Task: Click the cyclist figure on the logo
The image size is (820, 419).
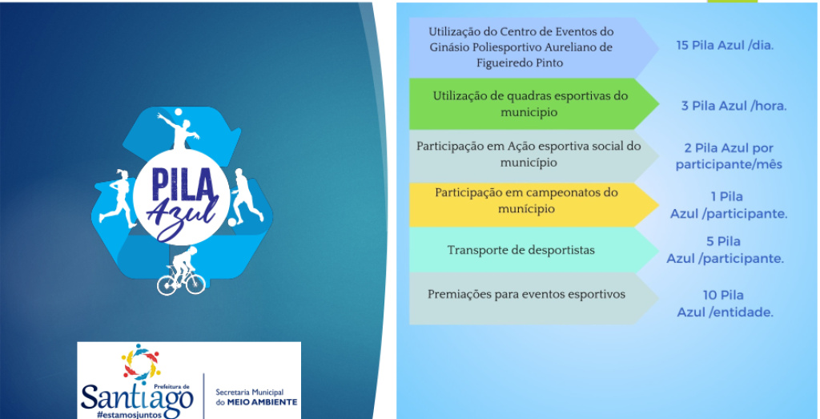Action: [x=182, y=271]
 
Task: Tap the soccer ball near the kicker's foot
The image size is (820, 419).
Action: [x=232, y=222]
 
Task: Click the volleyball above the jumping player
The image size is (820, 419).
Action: [x=178, y=111]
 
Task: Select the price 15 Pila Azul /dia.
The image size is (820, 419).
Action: [x=724, y=46]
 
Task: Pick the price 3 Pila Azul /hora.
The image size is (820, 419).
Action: [x=734, y=107]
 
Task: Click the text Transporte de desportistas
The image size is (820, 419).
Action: [x=521, y=250]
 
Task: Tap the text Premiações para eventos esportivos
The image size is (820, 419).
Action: [x=526, y=295]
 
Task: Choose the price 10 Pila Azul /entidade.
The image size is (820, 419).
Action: [x=724, y=304]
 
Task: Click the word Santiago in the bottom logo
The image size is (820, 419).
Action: [x=137, y=399]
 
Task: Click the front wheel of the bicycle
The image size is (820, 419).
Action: [x=195, y=284]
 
